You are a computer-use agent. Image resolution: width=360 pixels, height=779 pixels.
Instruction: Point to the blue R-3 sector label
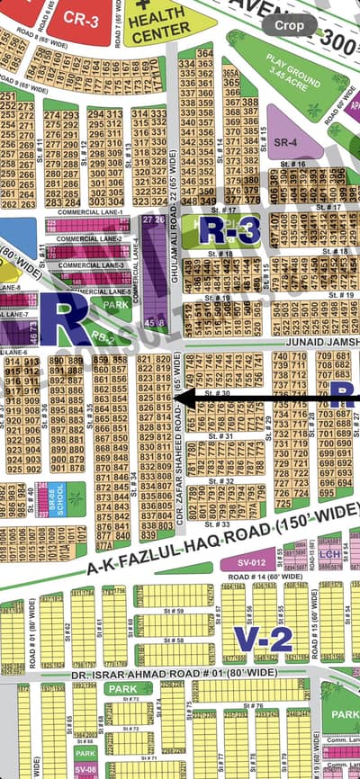pyautogui.click(x=229, y=231)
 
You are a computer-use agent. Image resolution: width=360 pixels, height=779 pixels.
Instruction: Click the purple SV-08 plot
pyautogui.click(x=85, y=770)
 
